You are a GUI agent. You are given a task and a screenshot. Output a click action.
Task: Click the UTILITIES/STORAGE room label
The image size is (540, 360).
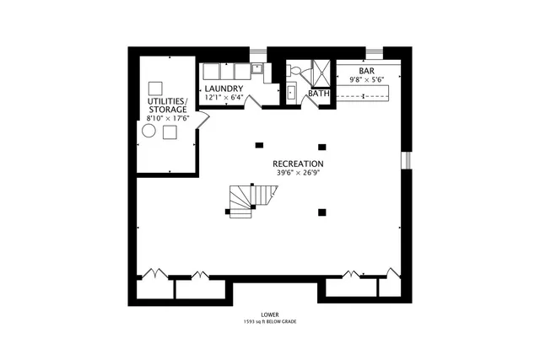tap(167, 105)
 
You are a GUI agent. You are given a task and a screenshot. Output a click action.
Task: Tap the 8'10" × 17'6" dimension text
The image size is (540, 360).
tap(167, 119)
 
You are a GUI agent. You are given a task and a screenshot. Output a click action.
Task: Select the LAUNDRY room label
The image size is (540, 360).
tap(224, 89)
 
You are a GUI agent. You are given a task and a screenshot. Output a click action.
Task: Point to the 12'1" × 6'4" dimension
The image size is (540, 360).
tap(224, 98)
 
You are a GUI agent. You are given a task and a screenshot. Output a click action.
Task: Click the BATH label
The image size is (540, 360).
tap(318, 94)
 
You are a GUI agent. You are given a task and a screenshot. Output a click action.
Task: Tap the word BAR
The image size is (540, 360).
tap(366, 72)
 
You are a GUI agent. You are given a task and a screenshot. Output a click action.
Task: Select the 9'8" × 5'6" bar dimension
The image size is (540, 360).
tap(366, 80)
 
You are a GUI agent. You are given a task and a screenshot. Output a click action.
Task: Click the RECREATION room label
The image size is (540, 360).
tap(298, 164)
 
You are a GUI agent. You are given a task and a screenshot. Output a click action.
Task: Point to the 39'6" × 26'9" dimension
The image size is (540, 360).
tap(298, 173)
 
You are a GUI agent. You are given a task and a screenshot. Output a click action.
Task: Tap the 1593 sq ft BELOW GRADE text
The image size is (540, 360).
tap(270, 322)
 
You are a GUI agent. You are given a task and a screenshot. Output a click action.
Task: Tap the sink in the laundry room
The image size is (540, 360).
tap(256, 69)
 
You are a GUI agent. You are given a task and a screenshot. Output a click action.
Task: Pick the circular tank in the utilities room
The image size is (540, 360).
tap(148, 132)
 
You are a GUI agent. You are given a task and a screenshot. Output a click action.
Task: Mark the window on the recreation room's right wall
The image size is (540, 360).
tap(406, 159)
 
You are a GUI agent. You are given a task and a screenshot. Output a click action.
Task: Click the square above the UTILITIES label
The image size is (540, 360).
tap(154, 88)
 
